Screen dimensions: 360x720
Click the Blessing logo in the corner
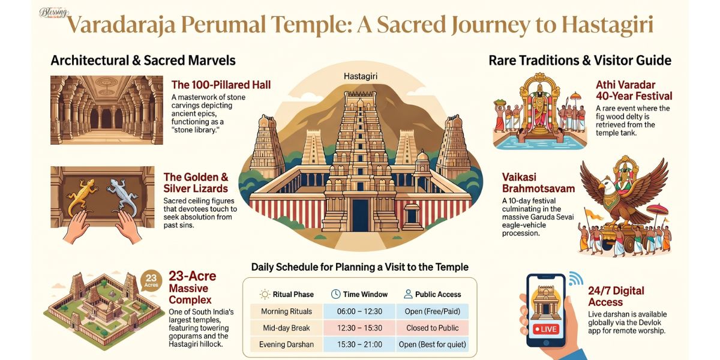(54, 12)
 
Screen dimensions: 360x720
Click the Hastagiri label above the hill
(360, 77)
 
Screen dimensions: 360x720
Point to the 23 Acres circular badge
(151, 281)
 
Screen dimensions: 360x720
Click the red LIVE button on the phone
(546, 330)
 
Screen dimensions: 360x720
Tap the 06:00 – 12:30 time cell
(359, 311)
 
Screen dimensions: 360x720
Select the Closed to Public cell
(432, 328)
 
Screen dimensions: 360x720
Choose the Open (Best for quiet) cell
(432, 344)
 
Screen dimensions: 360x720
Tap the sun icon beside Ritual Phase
(264, 294)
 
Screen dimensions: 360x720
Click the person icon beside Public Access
(408, 294)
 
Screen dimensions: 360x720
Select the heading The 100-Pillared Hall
(221, 85)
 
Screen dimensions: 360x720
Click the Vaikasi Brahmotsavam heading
(538, 182)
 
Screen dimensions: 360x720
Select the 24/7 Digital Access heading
(616, 296)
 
